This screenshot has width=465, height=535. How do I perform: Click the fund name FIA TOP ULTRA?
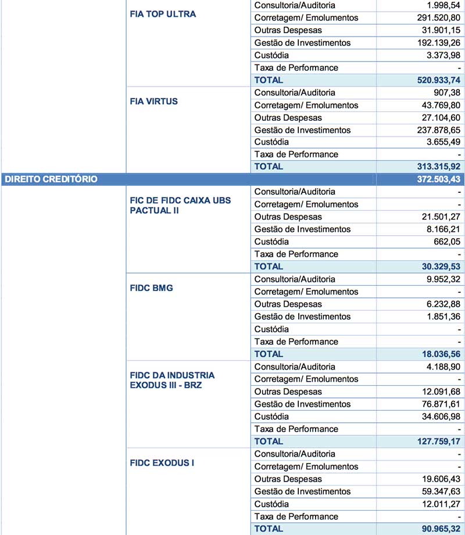click(x=163, y=14)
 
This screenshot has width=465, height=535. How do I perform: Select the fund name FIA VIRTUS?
click(x=154, y=101)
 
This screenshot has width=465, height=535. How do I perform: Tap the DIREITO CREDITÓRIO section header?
click(x=51, y=179)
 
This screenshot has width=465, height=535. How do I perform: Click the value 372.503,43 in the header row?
click(x=435, y=179)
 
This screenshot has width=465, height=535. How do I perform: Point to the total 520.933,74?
click(x=435, y=80)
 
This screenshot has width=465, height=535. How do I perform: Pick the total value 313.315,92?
click(x=435, y=167)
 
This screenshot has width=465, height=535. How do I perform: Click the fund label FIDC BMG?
click(x=152, y=288)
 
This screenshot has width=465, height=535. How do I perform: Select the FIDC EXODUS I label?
click(x=162, y=463)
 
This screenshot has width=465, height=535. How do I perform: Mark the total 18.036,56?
click(x=438, y=354)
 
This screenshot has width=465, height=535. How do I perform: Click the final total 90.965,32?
click(x=438, y=529)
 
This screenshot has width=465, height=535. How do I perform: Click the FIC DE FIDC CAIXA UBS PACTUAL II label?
click(x=180, y=205)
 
